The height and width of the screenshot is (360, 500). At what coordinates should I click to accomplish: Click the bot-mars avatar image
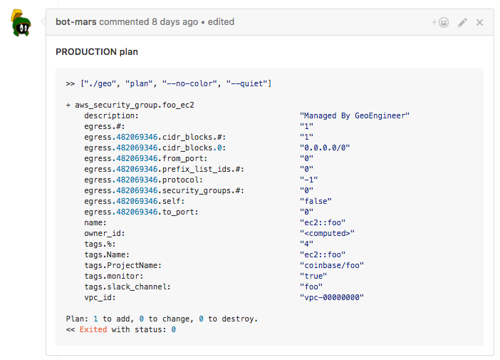tap(21, 23)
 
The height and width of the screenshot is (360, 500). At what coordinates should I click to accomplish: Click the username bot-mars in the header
tap(76, 21)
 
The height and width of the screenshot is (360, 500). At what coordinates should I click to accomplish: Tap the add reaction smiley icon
tap(440, 22)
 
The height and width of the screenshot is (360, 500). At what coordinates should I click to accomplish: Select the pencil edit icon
tap(462, 22)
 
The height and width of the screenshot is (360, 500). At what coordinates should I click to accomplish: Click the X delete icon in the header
tap(479, 22)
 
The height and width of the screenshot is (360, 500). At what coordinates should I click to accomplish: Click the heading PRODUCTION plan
tap(97, 52)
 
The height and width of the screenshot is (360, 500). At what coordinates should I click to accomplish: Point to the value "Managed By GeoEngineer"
tap(355, 115)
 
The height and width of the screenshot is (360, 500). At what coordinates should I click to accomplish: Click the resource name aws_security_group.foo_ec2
tap(135, 105)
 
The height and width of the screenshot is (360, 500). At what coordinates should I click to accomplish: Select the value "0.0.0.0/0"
tap(325, 148)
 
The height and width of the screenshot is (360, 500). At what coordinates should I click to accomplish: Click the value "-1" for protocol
tap(308, 180)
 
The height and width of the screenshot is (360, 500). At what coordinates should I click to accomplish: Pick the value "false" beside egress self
tap(316, 201)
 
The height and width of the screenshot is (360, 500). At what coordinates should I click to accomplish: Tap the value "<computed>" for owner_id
tap(327, 233)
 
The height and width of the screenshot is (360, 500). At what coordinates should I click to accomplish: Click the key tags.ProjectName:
tap(123, 265)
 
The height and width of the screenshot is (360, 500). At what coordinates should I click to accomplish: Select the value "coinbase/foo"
tap(332, 265)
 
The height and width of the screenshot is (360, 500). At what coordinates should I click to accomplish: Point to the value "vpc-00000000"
tap(332, 297)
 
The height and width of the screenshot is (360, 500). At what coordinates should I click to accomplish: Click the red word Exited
tap(93, 329)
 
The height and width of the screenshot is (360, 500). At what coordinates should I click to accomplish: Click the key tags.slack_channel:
tap(127, 287)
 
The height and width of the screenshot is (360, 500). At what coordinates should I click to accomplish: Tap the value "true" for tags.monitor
tap(313, 276)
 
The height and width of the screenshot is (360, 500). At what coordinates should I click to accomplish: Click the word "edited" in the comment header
tap(221, 21)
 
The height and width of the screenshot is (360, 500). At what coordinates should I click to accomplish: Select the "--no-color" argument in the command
tap(189, 83)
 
